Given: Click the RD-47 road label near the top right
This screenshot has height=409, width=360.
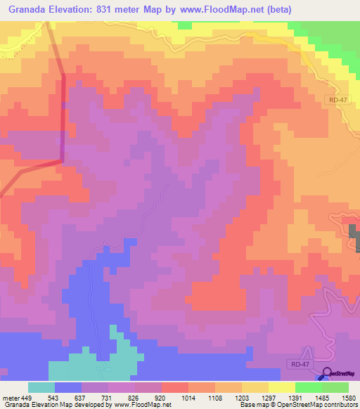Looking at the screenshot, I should point(337,101).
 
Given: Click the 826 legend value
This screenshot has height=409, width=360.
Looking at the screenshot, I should point(136,397).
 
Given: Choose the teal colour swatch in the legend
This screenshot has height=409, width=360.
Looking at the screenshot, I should point(41,387).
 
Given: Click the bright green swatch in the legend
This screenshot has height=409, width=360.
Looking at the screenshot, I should point(308,387).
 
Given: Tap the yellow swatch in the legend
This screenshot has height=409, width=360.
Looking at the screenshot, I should point(281,387).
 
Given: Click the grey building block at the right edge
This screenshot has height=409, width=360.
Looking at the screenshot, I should point(354,238).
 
